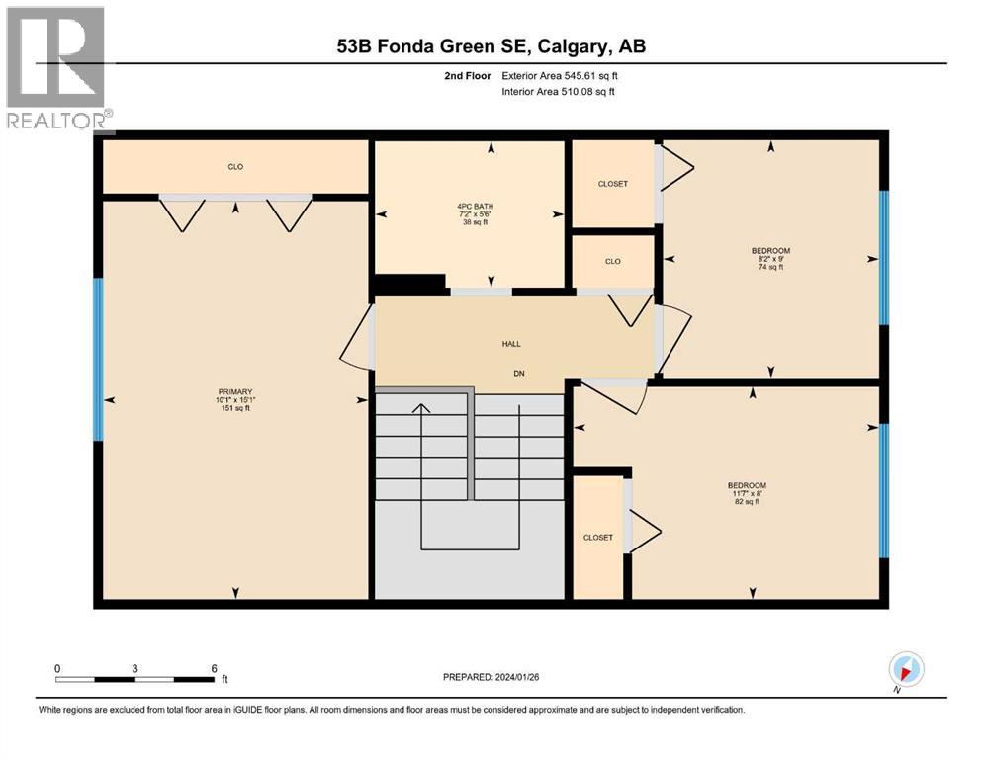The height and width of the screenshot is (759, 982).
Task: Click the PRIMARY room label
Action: point(234,391)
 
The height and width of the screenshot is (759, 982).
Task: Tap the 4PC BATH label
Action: point(470,208)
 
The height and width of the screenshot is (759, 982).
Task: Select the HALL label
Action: point(510,344)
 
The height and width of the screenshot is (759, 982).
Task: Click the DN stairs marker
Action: point(517,373)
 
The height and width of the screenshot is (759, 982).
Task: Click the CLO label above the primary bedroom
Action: point(235,167)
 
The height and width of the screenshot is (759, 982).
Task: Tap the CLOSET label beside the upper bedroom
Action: point(612,184)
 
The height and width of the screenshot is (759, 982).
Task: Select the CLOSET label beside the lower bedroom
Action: point(597,538)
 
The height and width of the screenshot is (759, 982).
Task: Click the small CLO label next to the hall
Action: point(612,261)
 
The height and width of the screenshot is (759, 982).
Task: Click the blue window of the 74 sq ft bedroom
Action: point(884,256)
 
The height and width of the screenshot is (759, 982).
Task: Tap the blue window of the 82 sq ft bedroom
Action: point(884,490)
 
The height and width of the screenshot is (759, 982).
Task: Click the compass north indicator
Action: point(907,669)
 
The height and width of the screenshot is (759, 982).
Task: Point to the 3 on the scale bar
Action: point(134,668)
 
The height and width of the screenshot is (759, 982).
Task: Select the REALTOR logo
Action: point(56,69)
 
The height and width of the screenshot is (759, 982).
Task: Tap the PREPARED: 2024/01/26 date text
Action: point(491,677)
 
